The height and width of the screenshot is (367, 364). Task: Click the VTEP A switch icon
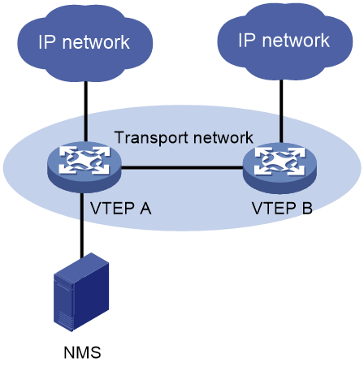pyautogui.click(x=84, y=167)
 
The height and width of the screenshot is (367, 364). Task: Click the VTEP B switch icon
pyautogui.click(x=279, y=168)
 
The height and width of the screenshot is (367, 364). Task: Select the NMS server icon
pyautogui.click(x=81, y=292)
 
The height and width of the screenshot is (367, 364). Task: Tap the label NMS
pyautogui.click(x=82, y=352)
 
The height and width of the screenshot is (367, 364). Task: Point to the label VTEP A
pyautogui.click(x=120, y=209)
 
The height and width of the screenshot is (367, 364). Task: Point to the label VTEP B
pyautogui.click(x=282, y=208)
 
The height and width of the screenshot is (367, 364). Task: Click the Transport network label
pyautogui.click(x=184, y=137)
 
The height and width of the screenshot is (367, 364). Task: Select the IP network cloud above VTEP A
pyautogui.click(x=85, y=43)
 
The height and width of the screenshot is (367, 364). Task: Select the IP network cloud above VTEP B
pyautogui.click(x=285, y=41)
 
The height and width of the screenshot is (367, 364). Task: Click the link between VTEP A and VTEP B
pyautogui.click(x=182, y=168)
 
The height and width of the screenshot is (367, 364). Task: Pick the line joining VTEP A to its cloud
pyautogui.click(x=85, y=111)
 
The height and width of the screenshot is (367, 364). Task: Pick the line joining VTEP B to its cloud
pyautogui.click(x=281, y=111)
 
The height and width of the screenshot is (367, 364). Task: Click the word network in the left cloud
pyautogui.click(x=96, y=42)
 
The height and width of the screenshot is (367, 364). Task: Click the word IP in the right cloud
pyautogui.click(x=247, y=41)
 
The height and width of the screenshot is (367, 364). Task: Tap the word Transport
pyautogui.click(x=152, y=138)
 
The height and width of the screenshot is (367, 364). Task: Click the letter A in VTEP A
pyautogui.click(x=145, y=209)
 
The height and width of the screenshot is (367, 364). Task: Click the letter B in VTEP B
pyautogui.click(x=307, y=208)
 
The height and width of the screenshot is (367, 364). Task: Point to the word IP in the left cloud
pyautogui.click(x=47, y=42)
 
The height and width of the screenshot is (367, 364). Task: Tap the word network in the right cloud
pyautogui.click(x=296, y=41)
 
